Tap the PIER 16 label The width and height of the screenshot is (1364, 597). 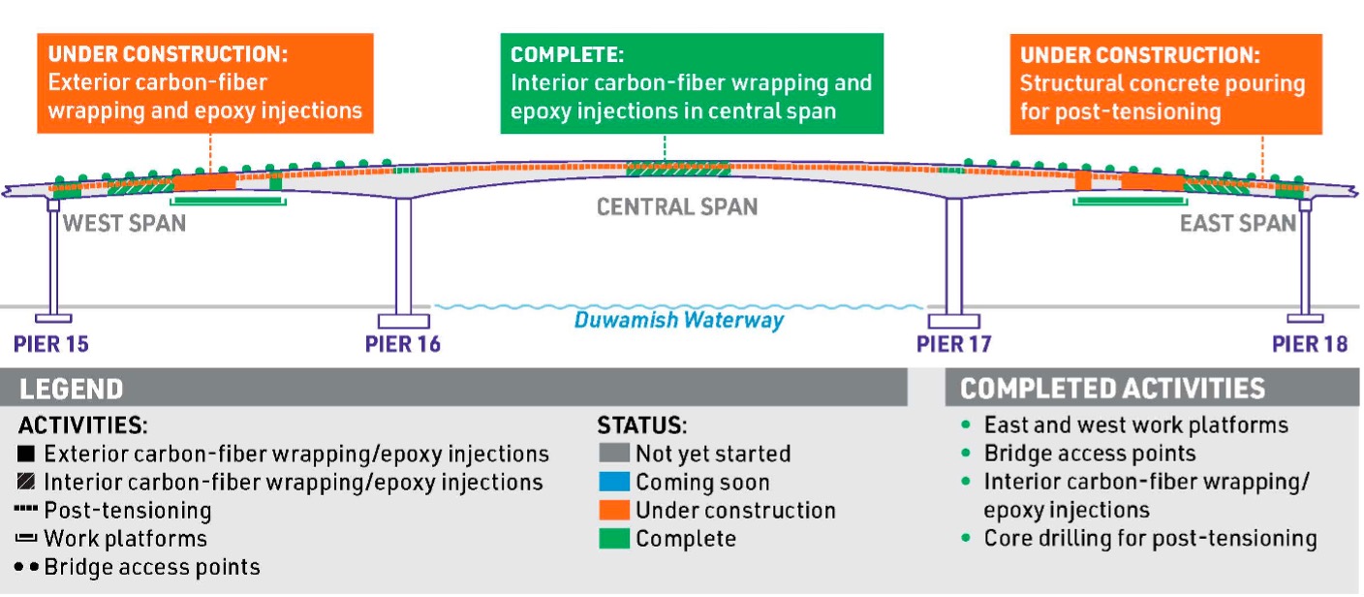(403, 344)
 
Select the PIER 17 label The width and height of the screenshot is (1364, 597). (954, 344)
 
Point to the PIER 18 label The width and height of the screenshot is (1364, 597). (1309, 344)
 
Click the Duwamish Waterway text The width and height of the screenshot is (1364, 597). (678, 321)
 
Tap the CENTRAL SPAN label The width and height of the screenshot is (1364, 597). (676, 206)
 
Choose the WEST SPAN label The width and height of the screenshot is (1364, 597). (124, 224)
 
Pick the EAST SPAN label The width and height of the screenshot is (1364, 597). (1237, 224)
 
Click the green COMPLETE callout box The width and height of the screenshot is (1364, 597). (692, 82)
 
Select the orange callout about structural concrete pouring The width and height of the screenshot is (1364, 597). (1164, 82)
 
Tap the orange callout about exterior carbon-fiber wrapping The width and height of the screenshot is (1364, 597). (205, 82)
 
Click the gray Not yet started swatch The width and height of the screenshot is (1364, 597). (614, 454)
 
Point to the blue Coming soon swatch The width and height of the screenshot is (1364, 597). (614, 483)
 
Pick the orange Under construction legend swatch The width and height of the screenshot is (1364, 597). (614, 511)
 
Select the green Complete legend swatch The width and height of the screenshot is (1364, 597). (614, 539)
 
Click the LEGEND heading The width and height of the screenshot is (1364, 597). (72, 390)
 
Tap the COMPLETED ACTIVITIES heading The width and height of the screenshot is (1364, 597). (1112, 389)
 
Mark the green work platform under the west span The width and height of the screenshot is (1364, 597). (228, 202)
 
